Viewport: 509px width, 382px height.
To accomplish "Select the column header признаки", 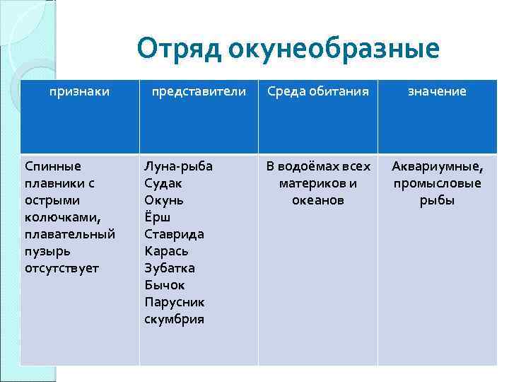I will (79, 91).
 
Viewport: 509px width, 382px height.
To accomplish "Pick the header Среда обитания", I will (317, 91).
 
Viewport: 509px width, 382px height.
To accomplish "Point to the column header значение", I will (438, 91).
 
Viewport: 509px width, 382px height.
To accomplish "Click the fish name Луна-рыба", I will (178, 166).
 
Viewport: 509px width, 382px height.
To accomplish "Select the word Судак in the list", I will (163, 183).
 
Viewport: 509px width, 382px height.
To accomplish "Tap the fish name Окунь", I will (163, 200).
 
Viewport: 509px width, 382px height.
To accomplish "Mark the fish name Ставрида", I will (174, 234).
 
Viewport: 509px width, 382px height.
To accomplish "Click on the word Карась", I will (167, 251).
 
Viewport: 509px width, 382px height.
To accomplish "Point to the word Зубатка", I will (170, 268).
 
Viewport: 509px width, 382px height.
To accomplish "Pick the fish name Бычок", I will (165, 285).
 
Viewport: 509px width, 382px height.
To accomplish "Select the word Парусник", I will (175, 302).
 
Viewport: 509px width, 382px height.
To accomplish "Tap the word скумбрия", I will (174, 319).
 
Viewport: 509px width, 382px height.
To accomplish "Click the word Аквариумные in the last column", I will (438, 166).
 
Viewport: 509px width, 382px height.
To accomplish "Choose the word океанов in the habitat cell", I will (317, 200).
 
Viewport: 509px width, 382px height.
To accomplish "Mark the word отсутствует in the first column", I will (62, 268).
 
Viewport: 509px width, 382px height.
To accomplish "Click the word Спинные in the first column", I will (53, 166).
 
